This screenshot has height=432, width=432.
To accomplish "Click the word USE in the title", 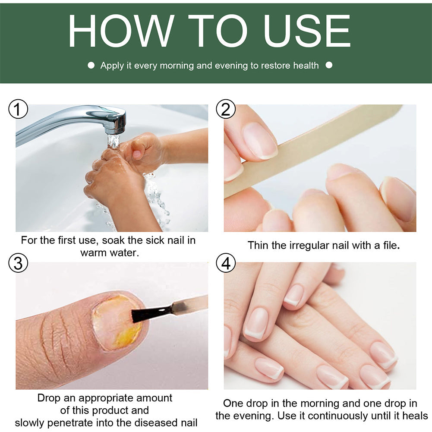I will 307,31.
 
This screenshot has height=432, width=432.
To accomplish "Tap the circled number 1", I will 18,110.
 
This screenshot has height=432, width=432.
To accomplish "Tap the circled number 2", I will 226,110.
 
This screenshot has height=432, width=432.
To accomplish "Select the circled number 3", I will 18,263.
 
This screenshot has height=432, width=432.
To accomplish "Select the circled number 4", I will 226,263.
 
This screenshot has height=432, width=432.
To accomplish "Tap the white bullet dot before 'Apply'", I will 91,66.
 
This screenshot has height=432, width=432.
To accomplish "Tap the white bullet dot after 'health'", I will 329,66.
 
